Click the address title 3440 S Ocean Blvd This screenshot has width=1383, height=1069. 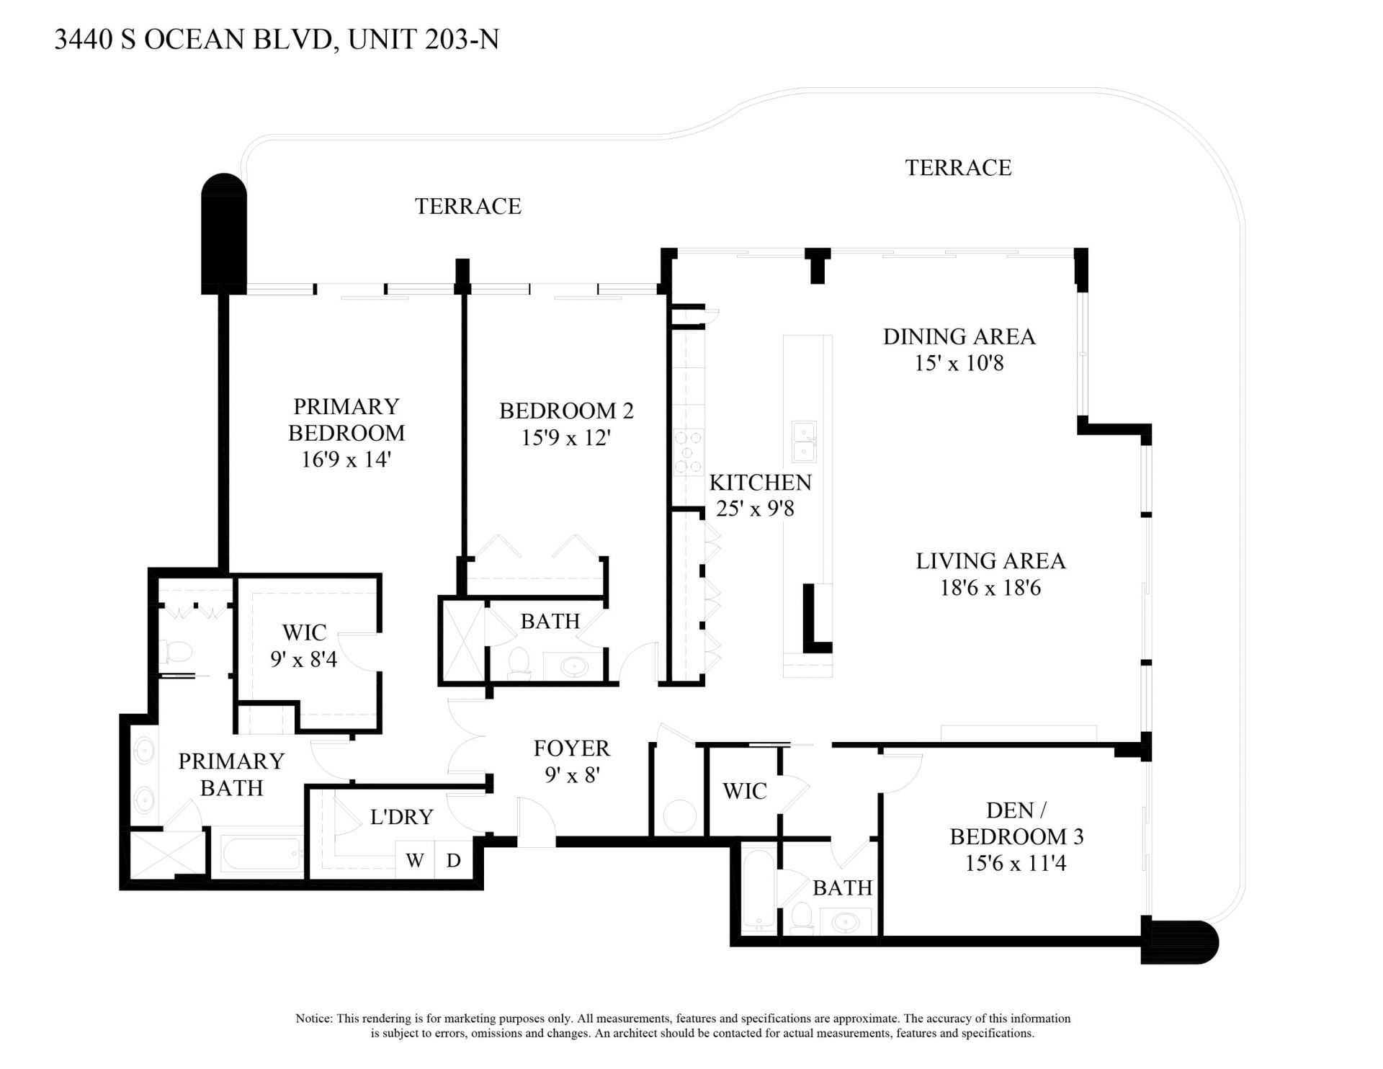(x=277, y=39)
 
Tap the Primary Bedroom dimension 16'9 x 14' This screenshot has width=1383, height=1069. (x=346, y=459)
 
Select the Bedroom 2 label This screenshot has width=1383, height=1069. (x=566, y=411)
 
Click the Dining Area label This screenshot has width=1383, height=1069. (x=959, y=336)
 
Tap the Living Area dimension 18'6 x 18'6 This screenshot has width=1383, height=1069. (x=990, y=588)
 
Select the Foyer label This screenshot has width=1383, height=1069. (x=572, y=748)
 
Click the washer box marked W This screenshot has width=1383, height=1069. (x=415, y=860)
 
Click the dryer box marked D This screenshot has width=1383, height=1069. (x=454, y=860)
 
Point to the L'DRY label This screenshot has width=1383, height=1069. (x=401, y=817)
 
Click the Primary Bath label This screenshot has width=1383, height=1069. (x=231, y=774)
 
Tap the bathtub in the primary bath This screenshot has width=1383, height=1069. (x=261, y=854)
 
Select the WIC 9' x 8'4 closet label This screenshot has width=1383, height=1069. (x=304, y=645)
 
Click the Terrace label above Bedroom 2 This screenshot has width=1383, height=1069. (x=467, y=206)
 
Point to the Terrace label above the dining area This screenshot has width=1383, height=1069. (x=958, y=167)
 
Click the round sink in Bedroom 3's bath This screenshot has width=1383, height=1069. (x=843, y=921)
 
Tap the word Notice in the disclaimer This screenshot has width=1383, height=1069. (x=313, y=1019)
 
